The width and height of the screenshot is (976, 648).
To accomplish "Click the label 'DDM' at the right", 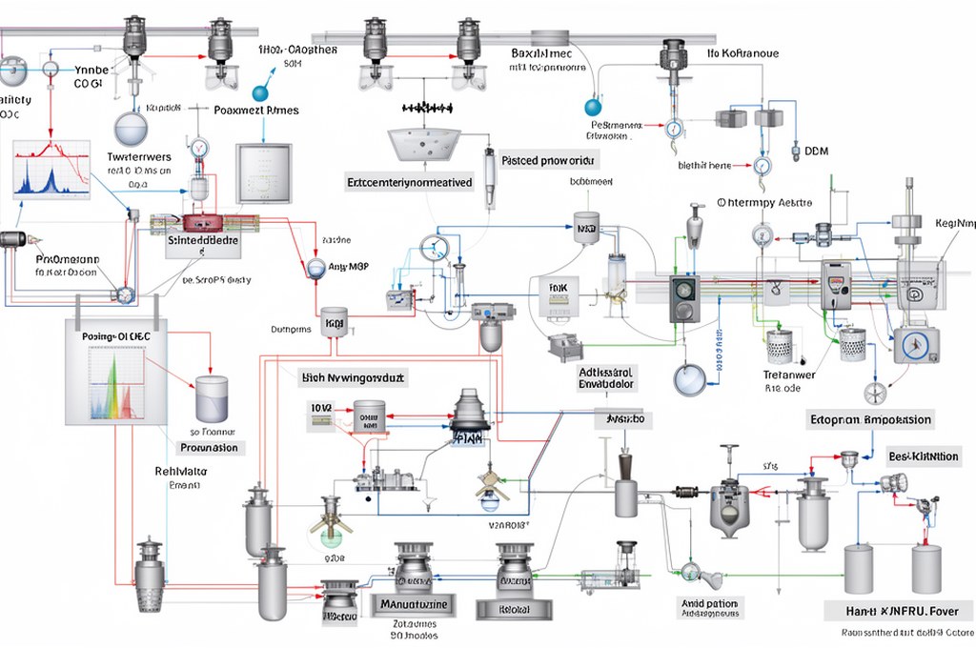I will coord(817,151).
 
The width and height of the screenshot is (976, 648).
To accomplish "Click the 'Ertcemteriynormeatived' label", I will coord(410,182).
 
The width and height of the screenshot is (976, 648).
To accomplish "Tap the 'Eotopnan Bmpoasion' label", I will coord(870,419).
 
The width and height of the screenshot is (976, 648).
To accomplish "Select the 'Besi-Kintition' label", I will coord(923,456).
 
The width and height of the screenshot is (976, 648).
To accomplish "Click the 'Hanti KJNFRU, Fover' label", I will coord(899,610).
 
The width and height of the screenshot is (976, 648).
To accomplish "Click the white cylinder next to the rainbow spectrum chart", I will coord(212,398).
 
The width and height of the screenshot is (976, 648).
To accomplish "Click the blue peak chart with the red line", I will coord(51,172).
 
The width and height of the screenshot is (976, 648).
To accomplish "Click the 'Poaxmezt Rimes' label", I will coord(256,111).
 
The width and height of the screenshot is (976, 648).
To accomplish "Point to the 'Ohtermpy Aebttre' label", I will coord(764,203).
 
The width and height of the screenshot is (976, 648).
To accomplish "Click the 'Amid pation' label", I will coord(711,604).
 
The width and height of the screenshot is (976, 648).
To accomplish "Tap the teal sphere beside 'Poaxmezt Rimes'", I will coord(258,93).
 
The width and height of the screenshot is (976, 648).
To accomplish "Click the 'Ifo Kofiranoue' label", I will coord(742,54).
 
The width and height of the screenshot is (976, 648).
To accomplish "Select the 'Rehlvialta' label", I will coord(181,471).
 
